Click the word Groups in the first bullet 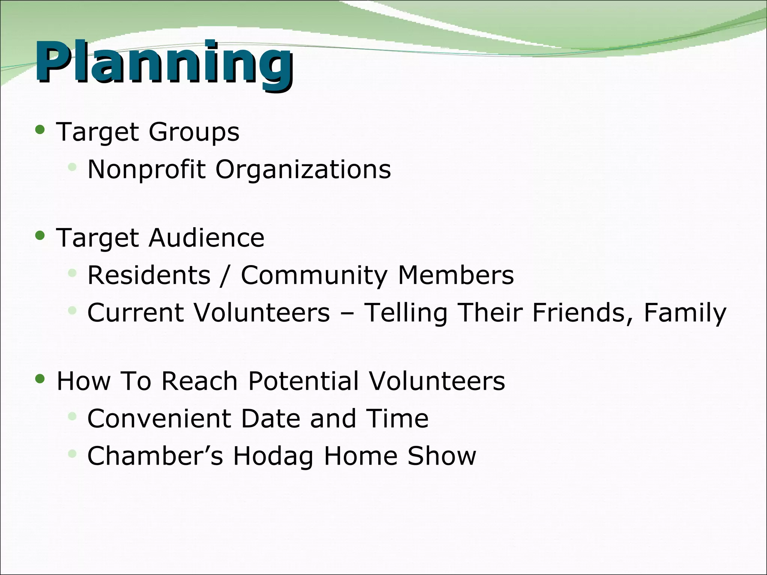pyautogui.click(x=194, y=133)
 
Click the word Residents pyautogui.click(x=149, y=276)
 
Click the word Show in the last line pyautogui.click(x=442, y=456)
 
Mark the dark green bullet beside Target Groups pyautogui.click(x=40, y=130)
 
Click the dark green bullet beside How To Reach pyautogui.click(x=40, y=379)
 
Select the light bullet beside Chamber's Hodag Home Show pyautogui.click(x=72, y=454)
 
